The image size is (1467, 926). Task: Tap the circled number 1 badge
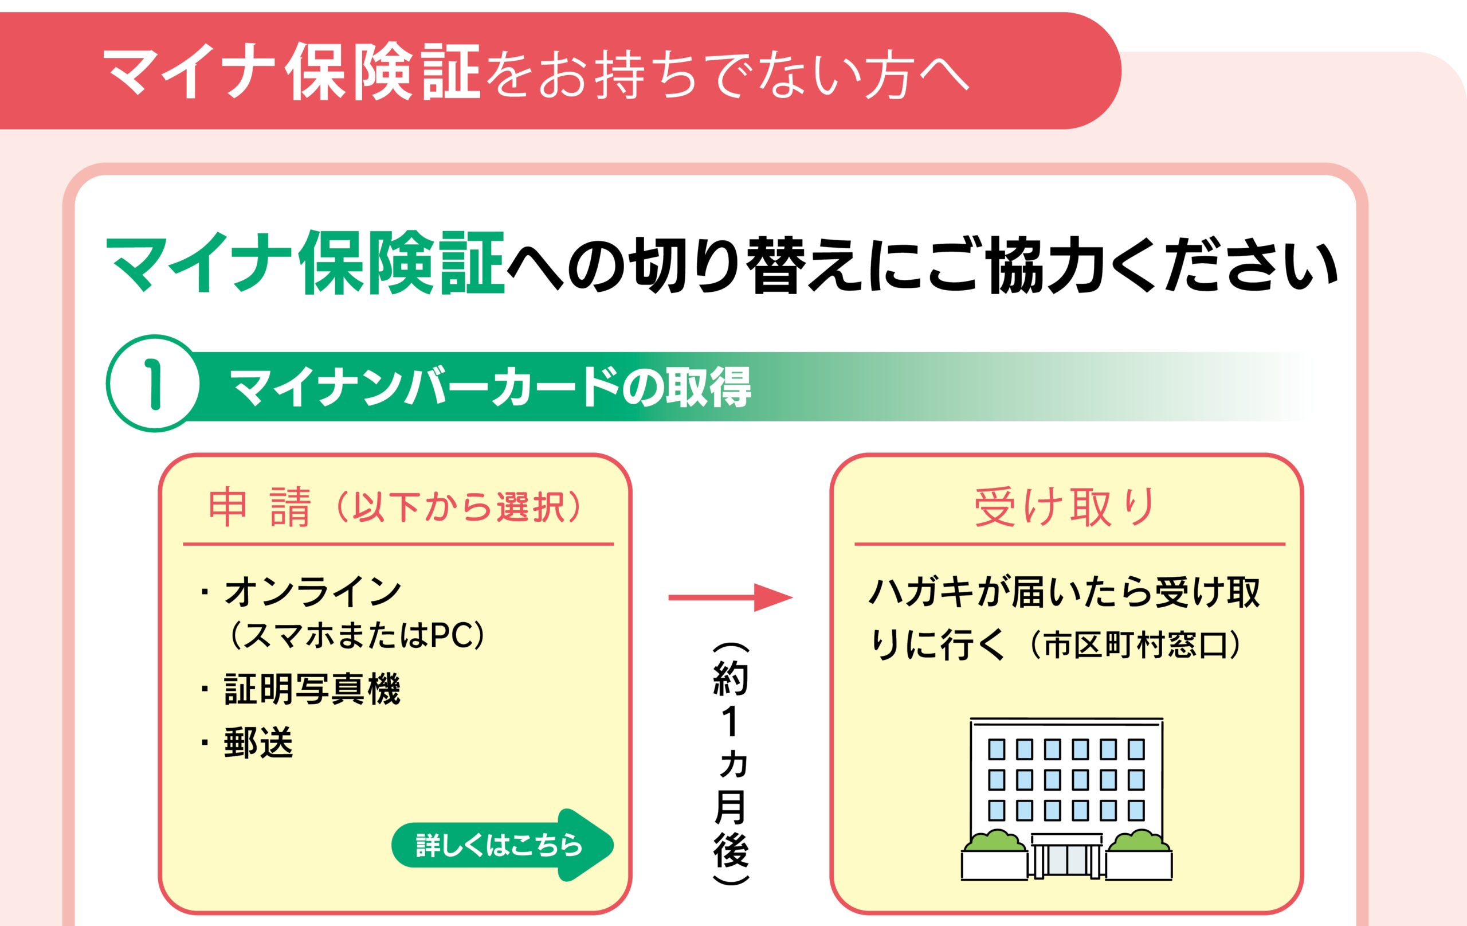coord(153,384)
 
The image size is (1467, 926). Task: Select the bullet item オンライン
coord(312,591)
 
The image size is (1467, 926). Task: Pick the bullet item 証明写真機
coord(312,689)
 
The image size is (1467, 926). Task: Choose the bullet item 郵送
coord(258,743)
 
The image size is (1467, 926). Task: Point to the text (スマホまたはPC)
coord(358,636)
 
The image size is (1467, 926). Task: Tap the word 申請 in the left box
coord(260,507)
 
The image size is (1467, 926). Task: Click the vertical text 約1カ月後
coord(731,762)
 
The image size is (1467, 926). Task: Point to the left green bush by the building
coord(995,841)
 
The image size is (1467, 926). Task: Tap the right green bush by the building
coord(1138,841)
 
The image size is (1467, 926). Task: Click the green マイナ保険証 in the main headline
coord(305,263)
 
